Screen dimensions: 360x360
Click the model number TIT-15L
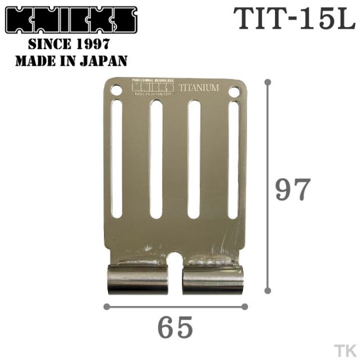click(294, 21)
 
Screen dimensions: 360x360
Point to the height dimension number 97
click(292, 190)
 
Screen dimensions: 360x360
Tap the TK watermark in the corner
click(343, 348)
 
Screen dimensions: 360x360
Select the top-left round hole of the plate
click(116, 89)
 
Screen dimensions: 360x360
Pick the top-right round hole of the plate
click(234, 91)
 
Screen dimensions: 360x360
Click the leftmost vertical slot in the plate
click(116, 159)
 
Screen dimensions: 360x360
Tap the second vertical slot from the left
click(156, 159)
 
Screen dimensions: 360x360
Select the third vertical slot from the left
click(194, 159)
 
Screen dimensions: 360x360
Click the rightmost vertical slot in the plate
click(233, 159)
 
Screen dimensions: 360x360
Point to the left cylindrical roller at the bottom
click(138, 280)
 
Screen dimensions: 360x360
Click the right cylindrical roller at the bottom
click(213, 280)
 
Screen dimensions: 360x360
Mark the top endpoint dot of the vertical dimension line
click(268, 82)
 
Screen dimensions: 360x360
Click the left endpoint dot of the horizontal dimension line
click(106, 307)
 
